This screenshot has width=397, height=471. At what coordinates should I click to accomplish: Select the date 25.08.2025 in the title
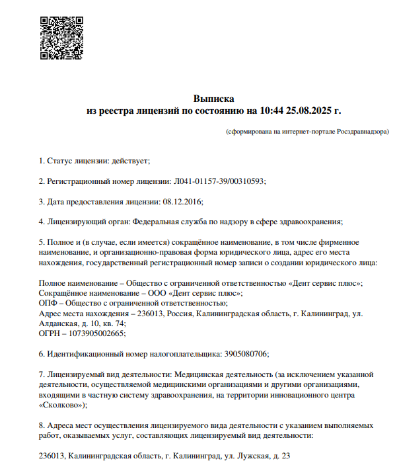tap(310, 110)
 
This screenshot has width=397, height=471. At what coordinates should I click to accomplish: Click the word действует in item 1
tap(131, 161)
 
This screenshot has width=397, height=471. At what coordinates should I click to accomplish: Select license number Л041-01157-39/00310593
tap(218, 181)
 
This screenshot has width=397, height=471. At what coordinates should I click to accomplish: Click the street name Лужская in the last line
tap(250, 456)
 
